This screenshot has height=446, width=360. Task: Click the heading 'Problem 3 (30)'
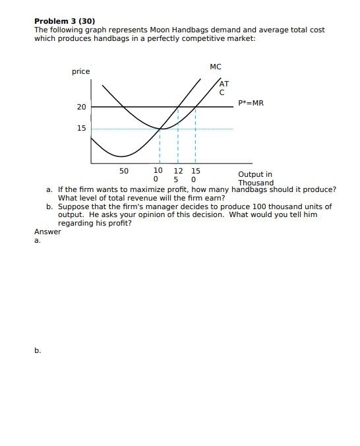pyautogui.click(x=65, y=21)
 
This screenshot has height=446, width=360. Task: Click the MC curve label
pyautogui.click(x=216, y=67)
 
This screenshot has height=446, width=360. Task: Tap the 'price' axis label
pyautogui.click(x=81, y=71)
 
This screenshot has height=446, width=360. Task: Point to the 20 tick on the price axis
pyautogui.click(x=81, y=107)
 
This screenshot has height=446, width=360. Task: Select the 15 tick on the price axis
pyautogui.click(x=81, y=128)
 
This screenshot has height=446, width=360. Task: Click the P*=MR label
pyautogui.click(x=251, y=103)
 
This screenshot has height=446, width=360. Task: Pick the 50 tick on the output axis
pyautogui.click(x=124, y=171)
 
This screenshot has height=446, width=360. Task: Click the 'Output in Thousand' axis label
pyautogui.click(x=255, y=178)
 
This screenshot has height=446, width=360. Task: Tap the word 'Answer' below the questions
pyautogui.click(x=47, y=232)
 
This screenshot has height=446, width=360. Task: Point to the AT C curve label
pyautogui.click(x=224, y=88)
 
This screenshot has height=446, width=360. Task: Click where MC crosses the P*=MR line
pyautogui.click(x=178, y=107)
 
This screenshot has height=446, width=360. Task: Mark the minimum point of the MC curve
pyautogui.click(x=121, y=157)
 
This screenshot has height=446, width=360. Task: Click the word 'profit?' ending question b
pyautogui.click(x=119, y=223)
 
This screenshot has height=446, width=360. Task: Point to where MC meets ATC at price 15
pyautogui.click(x=160, y=129)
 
